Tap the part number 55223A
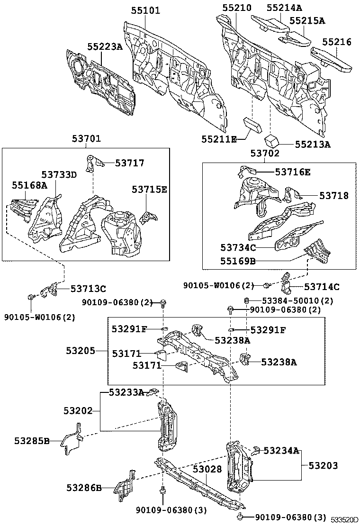[x=105, y=46]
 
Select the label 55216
[x=337, y=42]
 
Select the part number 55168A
[x=29, y=185]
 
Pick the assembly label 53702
[x=265, y=154]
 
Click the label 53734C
[x=239, y=247]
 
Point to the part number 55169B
[x=238, y=261]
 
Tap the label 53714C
[x=322, y=286]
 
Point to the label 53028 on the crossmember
[x=207, y=469]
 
